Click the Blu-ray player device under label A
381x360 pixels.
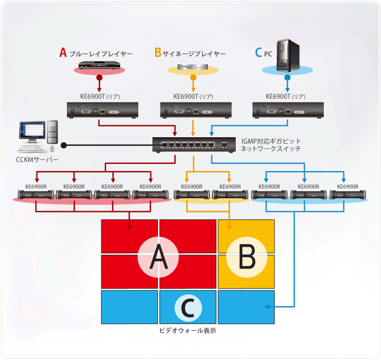coord(100,66)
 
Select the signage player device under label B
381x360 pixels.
coord(193,68)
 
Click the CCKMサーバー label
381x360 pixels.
coord(36,160)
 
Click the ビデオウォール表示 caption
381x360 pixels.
coord(188,330)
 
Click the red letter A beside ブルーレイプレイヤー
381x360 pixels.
coord(63,53)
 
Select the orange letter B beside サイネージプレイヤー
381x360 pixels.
coord(158,53)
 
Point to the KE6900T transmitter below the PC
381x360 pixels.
coord(288,110)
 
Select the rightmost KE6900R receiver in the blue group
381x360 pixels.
coord(347,194)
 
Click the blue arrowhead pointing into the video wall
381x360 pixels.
coord(268,307)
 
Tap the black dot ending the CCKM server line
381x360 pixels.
coord(64,145)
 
